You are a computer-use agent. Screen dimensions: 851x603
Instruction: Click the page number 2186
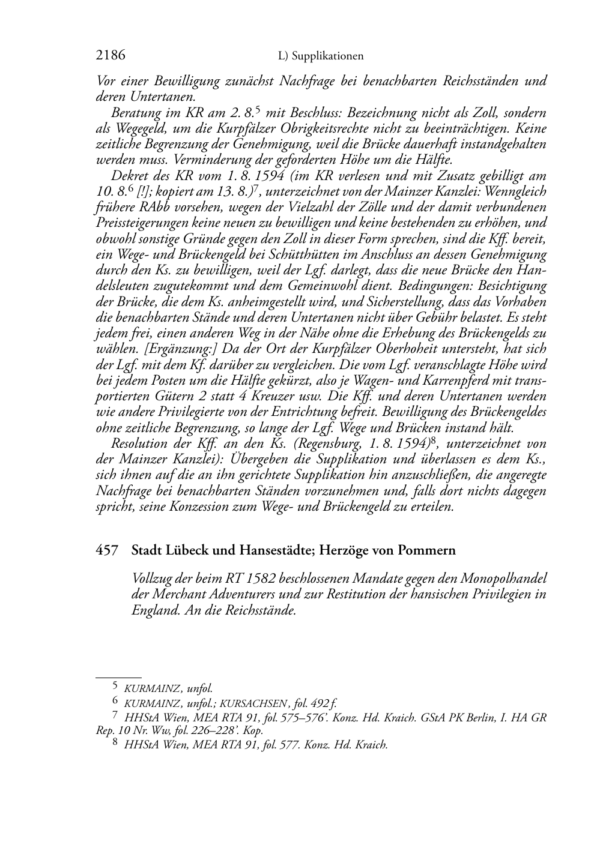111,56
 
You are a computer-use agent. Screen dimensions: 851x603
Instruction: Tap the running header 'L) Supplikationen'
321,56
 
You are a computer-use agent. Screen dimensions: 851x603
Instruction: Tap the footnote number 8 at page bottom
115,744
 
